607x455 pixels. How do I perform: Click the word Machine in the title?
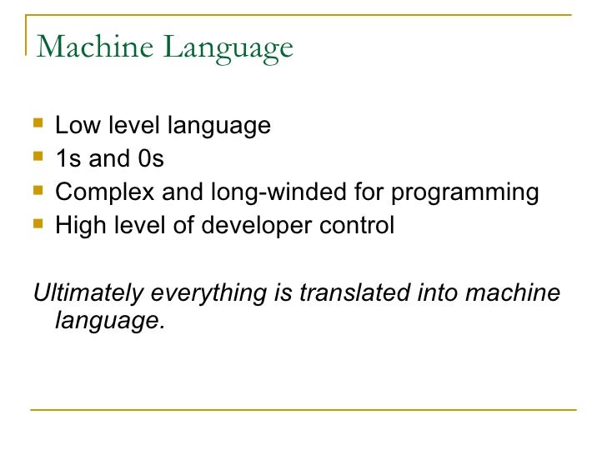(x=97, y=47)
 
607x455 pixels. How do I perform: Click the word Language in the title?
(x=229, y=48)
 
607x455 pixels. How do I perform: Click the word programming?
(x=465, y=193)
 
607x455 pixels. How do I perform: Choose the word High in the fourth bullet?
(x=76, y=226)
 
